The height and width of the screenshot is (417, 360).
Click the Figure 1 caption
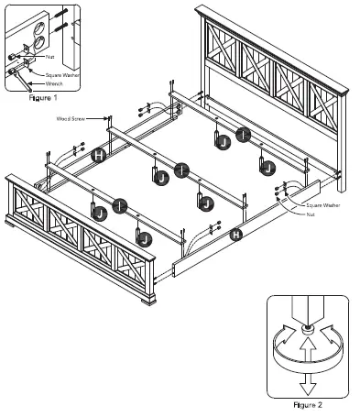pos(43,95)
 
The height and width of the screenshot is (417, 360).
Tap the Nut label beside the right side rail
pos(313,216)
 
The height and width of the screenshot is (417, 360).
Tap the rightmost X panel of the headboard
pos(326,115)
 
